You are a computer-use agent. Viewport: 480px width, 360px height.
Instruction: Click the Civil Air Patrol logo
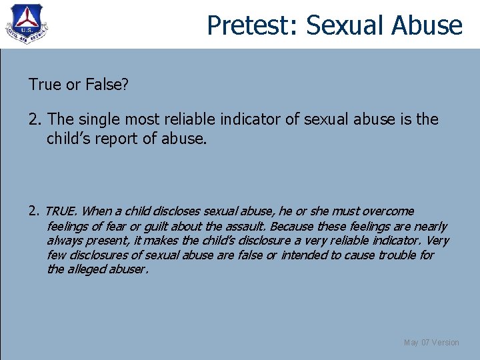click(27, 25)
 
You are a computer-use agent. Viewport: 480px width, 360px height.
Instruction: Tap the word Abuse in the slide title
click(427, 25)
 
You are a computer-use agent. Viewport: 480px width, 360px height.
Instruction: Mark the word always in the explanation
click(65, 241)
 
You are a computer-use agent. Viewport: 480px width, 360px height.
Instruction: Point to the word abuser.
click(131, 270)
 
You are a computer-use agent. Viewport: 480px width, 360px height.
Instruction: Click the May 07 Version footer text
click(431, 343)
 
